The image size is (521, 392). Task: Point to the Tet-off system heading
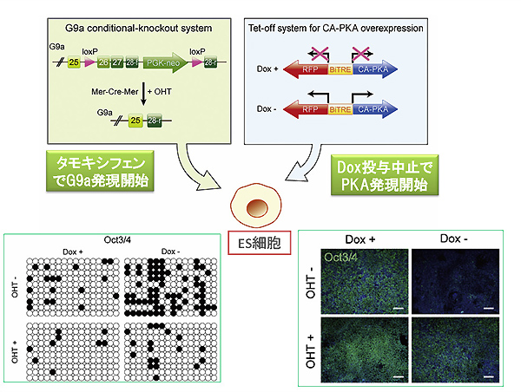click(335, 28)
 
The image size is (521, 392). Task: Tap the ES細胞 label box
click(260, 245)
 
